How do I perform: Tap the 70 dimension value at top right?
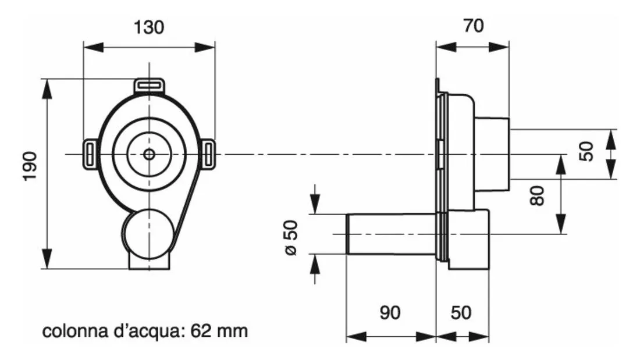[473, 26]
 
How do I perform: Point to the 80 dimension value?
[537, 195]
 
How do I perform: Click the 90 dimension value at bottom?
[390, 312]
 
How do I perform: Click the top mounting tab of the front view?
[150, 86]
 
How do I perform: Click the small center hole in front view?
[149, 154]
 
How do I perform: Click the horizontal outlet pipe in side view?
[391, 234]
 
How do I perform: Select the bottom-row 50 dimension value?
[461, 312]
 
